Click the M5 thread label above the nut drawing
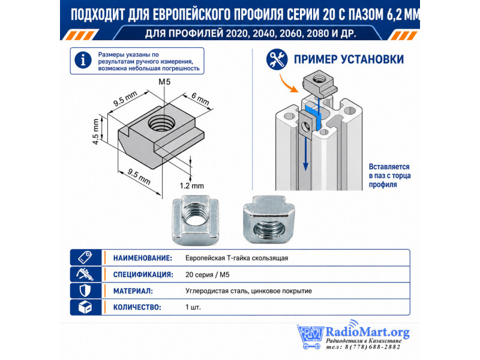pyautogui.click(x=164, y=82)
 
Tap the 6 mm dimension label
pyautogui.click(x=200, y=98)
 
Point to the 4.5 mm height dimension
pyautogui.click(x=96, y=131)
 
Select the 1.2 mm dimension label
pyautogui.click(x=191, y=186)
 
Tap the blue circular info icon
pyautogui.click(x=83, y=60)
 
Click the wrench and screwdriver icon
pyautogui.click(x=277, y=59)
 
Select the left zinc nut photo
pyautogui.click(x=196, y=220)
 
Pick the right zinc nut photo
pyautogui.click(x=268, y=220)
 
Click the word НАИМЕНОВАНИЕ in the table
pyautogui.click(x=143, y=258)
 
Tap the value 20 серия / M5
pyautogui.click(x=207, y=275)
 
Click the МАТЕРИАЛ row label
pyautogui.click(x=133, y=291)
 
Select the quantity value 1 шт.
pyautogui.click(x=193, y=307)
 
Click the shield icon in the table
pyautogui.click(x=85, y=290)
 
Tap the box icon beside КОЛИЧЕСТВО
pyautogui.click(x=85, y=307)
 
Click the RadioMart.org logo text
pyautogui.click(x=367, y=332)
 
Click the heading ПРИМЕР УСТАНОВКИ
pyautogui.click(x=349, y=59)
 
